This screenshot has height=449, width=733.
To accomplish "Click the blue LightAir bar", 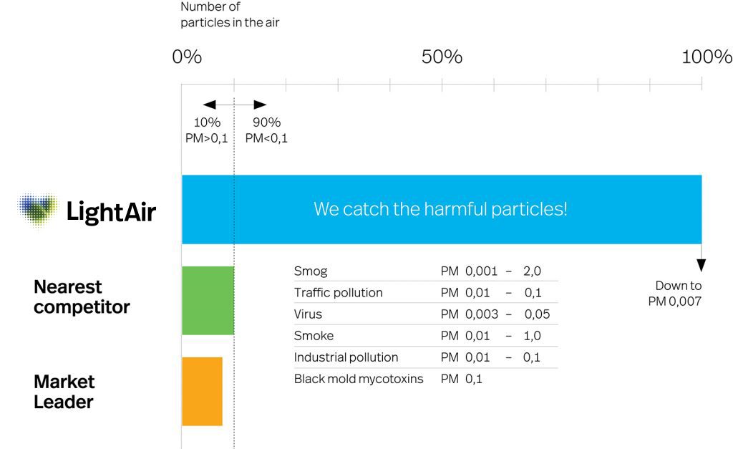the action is (442, 210).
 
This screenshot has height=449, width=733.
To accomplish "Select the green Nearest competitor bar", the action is (208, 300).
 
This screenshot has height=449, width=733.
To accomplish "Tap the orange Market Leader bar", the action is (202, 392).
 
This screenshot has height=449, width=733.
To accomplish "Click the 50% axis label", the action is (442, 57).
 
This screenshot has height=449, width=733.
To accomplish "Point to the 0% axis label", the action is (187, 57).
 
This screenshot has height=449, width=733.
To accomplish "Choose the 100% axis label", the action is (707, 57).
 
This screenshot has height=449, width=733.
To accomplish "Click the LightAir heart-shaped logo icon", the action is (39, 210).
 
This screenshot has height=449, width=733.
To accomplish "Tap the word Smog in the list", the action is (311, 271).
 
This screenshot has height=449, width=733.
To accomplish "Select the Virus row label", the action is (308, 314).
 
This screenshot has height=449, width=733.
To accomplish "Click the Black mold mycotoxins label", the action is (359, 379).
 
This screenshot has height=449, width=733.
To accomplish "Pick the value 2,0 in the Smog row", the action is (532, 271).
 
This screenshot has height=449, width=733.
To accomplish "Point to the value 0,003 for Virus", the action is (482, 314).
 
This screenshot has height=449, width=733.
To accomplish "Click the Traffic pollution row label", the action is (339, 293).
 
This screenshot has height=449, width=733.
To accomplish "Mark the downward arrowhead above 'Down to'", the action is (702, 265).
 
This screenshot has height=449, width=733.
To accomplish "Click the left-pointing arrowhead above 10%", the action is (210, 105).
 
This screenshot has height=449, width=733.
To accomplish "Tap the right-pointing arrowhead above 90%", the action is (260, 105).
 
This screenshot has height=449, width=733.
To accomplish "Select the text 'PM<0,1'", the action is (266, 138).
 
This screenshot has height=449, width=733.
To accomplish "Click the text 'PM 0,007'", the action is (674, 301).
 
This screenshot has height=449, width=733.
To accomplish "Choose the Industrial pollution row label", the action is (346, 357).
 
